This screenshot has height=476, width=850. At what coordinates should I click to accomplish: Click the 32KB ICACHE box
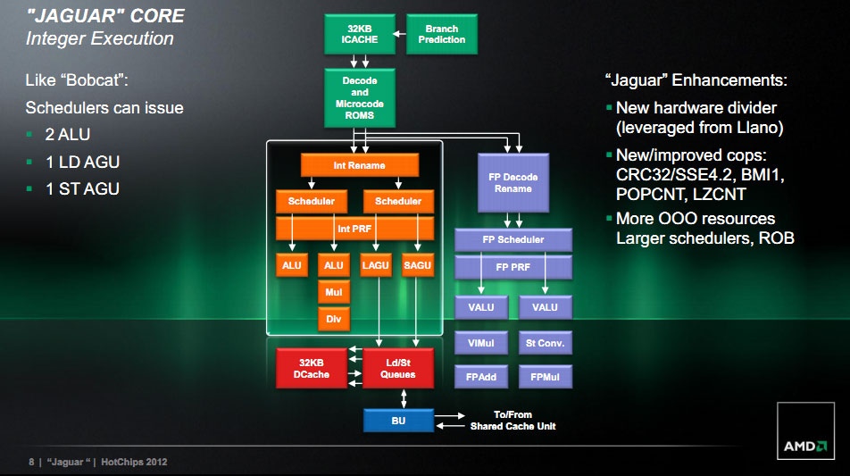tap(360, 34)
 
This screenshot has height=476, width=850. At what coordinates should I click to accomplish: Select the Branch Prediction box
tap(442, 34)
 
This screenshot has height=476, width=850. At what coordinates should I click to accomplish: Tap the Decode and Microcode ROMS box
tap(360, 98)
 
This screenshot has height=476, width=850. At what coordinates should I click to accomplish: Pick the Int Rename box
tap(360, 165)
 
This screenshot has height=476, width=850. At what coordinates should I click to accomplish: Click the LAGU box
tap(376, 265)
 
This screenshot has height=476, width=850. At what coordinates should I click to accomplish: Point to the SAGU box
tap(418, 265)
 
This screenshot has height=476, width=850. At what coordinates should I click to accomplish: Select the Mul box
tap(333, 292)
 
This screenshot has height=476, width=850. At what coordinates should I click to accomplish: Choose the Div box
tap(333, 320)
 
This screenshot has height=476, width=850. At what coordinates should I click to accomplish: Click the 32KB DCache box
tap(311, 369)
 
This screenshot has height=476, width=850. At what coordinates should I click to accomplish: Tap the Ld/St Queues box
tap(398, 369)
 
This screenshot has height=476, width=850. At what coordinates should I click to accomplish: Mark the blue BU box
tap(398, 421)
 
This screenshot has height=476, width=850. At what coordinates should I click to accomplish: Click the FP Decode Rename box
tap(512, 183)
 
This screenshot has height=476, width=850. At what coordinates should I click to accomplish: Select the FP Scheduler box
tap(512, 239)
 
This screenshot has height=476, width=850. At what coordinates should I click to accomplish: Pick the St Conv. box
tap(545, 343)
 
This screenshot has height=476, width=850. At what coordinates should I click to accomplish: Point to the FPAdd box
tap(481, 377)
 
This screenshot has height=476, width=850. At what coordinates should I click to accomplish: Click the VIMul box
tap(481, 343)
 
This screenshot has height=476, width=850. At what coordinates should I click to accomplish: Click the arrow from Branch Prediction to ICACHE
tap(399, 34)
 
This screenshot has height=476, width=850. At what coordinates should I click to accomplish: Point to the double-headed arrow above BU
tap(404, 399)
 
